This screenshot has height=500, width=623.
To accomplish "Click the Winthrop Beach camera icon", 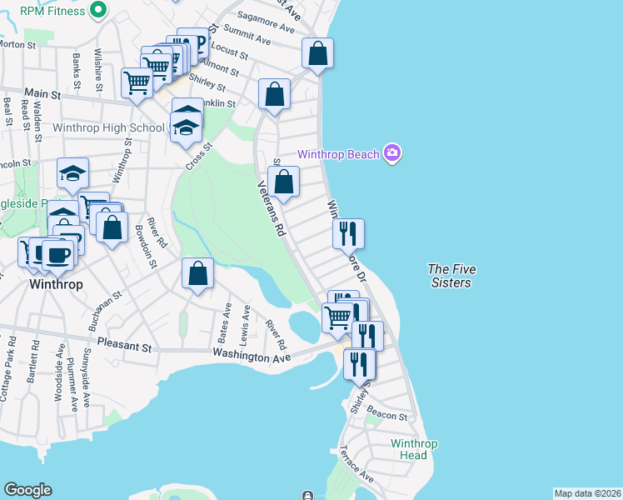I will (x=393, y=153).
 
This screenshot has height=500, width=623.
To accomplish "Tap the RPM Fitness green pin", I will (x=97, y=11).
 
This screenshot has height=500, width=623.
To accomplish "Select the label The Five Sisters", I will (x=450, y=276).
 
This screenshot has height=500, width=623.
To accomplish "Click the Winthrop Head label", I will (x=413, y=449).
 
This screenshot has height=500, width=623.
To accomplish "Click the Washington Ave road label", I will (x=251, y=356).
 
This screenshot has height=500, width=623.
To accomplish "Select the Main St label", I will (x=43, y=95).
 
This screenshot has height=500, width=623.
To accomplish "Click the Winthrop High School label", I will (x=108, y=128).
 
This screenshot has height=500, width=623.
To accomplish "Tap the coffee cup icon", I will (x=57, y=254).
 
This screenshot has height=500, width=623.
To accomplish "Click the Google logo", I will (x=27, y=490).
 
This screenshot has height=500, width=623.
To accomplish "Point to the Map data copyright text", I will (x=586, y=493).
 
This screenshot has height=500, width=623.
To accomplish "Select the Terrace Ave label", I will (x=356, y=464).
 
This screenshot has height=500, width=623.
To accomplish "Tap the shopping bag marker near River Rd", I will (x=197, y=273).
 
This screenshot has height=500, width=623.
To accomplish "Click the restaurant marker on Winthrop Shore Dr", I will (x=348, y=233).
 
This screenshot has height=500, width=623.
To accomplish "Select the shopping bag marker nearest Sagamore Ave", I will (x=317, y=54).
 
